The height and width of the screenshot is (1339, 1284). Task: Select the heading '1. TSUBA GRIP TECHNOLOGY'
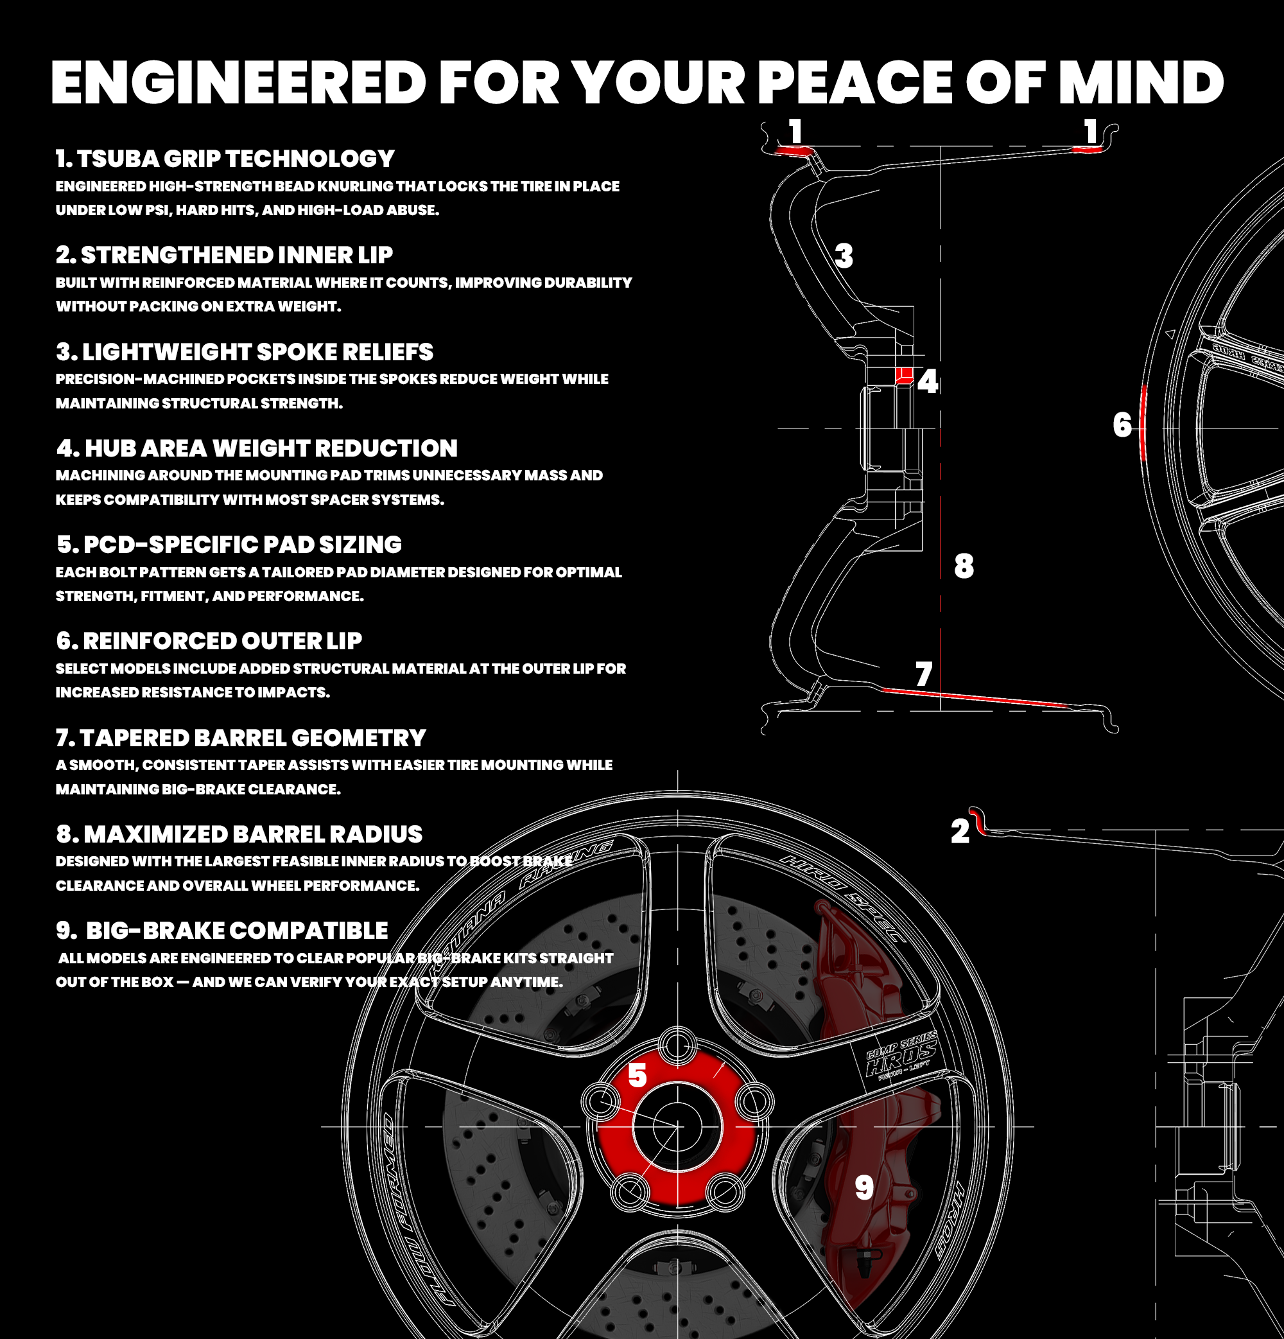(225, 159)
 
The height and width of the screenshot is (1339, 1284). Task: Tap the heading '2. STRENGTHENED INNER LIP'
(224, 255)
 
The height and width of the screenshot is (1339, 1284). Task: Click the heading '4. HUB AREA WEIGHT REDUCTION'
(257, 448)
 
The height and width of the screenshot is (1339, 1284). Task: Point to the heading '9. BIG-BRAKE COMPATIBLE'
(222, 931)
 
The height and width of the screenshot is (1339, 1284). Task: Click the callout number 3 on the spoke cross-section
(844, 256)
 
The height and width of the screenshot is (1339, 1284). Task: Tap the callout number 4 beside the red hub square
(928, 381)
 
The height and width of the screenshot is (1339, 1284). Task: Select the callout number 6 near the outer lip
(1122, 424)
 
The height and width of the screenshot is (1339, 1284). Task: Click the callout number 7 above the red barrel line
(924, 674)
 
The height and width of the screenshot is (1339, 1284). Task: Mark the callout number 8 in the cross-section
(964, 566)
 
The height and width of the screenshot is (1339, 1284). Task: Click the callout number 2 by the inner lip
(960, 832)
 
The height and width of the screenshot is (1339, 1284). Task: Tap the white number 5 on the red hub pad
(638, 1075)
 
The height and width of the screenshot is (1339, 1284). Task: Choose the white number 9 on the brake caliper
(864, 1187)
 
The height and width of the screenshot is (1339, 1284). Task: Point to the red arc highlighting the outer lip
(1143, 422)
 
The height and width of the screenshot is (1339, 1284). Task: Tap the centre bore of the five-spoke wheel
(677, 1126)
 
